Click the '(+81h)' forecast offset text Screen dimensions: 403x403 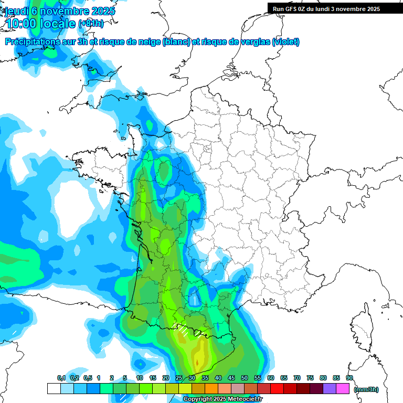91,23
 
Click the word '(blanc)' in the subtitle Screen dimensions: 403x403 176,42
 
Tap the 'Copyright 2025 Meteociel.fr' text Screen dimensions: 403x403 223,399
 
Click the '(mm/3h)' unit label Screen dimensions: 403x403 366,389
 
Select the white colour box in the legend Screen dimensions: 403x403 54,388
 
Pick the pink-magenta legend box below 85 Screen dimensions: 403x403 343,388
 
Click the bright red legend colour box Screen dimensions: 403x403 277,388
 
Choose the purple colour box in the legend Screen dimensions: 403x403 330,388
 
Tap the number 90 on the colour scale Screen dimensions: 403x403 349,378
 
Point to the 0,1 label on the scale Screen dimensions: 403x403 61,378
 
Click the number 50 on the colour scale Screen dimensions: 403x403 244,378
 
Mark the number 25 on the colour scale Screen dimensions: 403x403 178,378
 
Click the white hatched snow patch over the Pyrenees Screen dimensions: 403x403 183,331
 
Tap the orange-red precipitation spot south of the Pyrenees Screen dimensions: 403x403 197,362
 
